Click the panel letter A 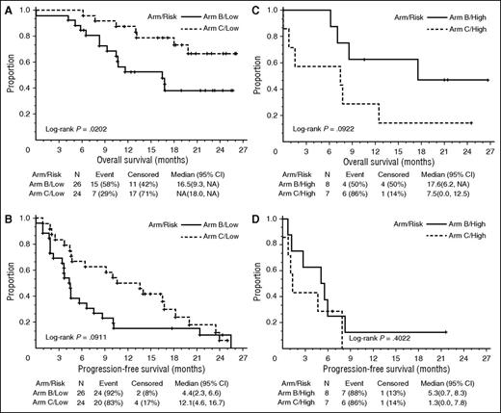click(8, 8)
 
